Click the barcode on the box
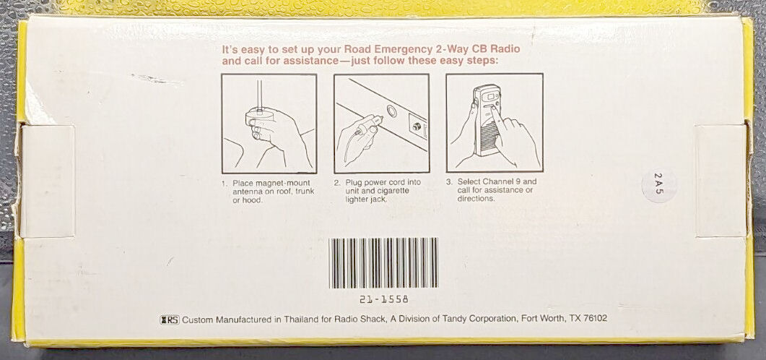383,262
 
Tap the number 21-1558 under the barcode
383,299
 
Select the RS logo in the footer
170,320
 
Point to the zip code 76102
595,318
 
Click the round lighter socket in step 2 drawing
391,111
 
